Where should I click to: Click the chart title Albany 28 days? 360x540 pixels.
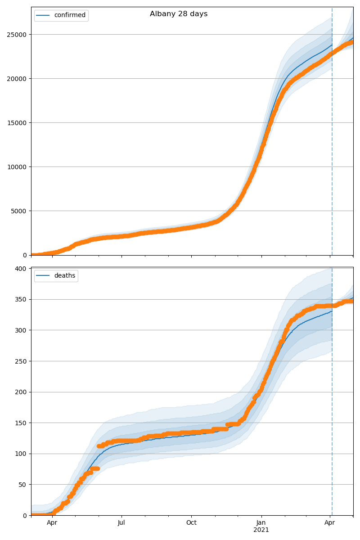[x=179, y=14]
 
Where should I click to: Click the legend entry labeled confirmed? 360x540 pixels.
[x=69, y=15]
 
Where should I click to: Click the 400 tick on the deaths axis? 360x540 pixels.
[x=22, y=269]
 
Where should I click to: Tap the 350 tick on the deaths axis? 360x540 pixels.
[x=22, y=299]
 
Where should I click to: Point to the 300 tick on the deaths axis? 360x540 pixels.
[x=22, y=330]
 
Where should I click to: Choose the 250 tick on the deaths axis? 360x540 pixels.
[x=22, y=361]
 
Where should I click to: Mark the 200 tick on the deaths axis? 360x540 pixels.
[x=22, y=392]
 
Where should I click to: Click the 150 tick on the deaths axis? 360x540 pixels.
[x=22, y=423]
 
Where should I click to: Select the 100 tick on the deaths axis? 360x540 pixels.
[x=22, y=454]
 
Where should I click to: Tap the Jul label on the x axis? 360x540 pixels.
[x=121, y=523]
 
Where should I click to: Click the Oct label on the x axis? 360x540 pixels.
[x=191, y=523]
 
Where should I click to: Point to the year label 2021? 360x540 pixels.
[x=261, y=530]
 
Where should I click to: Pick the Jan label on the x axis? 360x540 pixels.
[x=261, y=523]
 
